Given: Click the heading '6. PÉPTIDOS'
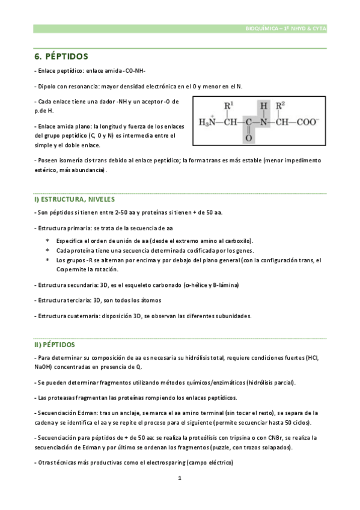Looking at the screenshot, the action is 61,57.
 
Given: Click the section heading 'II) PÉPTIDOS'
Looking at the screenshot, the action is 54,345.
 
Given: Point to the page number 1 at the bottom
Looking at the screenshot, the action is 180,479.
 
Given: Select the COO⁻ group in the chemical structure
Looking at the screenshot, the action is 308,122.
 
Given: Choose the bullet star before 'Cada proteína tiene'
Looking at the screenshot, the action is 47,250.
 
